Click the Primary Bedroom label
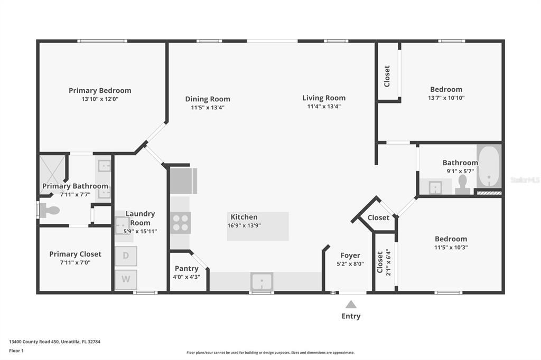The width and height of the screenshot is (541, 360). (x=100, y=90)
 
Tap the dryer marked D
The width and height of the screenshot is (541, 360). (x=126, y=256)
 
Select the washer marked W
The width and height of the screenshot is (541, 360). (x=126, y=279)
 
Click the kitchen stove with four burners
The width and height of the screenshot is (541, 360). (x=181, y=223)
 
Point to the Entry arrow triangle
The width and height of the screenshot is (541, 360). (x=351, y=304)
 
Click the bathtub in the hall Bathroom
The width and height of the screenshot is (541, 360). (x=489, y=167)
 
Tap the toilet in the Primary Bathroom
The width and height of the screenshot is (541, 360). (x=49, y=210)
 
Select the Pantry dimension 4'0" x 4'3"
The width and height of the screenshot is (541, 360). (x=186, y=277)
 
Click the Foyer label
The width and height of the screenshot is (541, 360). (x=350, y=255)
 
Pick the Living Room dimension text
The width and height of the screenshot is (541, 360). (x=324, y=107)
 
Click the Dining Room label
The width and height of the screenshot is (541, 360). (x=208, y=99)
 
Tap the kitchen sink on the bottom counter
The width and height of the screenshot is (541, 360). (x=262, y=281)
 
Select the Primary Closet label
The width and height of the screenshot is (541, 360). (x=75, y=254)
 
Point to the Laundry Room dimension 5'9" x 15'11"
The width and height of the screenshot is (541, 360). (x=140, y=231)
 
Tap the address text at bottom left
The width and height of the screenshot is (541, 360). (x=54, y=342)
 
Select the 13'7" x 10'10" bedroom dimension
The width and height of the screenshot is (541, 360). (x=446, y=98)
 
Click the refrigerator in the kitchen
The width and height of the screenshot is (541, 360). (x=183, y=181)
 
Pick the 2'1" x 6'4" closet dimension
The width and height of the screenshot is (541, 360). (x=389, y=262)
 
